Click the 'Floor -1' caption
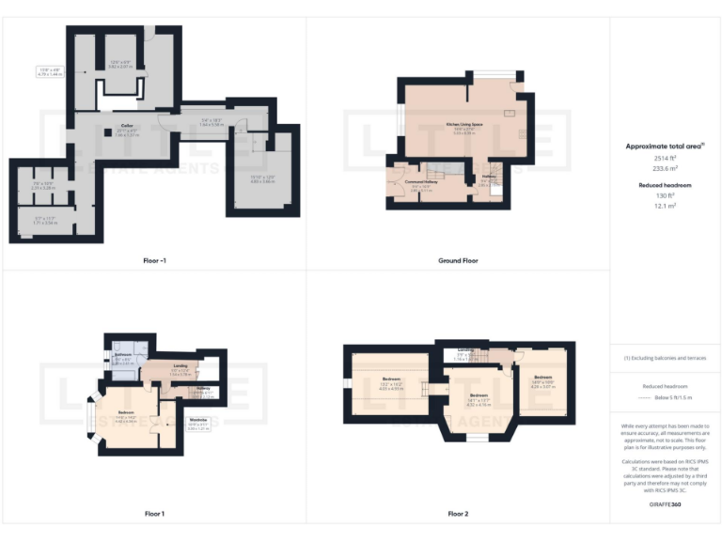pyautogui.click(x=154, y=259)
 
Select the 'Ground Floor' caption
pyautogui.click(x=458, y=259)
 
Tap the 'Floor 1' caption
pyautogui.click(x=154, y=514)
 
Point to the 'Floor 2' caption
pyautogui.click(x=458, y=514)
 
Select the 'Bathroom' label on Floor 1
pyautogui.click(x=123, y=354)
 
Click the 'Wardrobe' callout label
pyautogui.click(x=198, y=419)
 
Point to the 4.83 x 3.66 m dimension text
pyautogui.click(x=261, y=182)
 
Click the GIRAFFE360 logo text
pyautogui.click(x=664, y=505)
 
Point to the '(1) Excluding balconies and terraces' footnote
pyautogui.click(x=664, y=358)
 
